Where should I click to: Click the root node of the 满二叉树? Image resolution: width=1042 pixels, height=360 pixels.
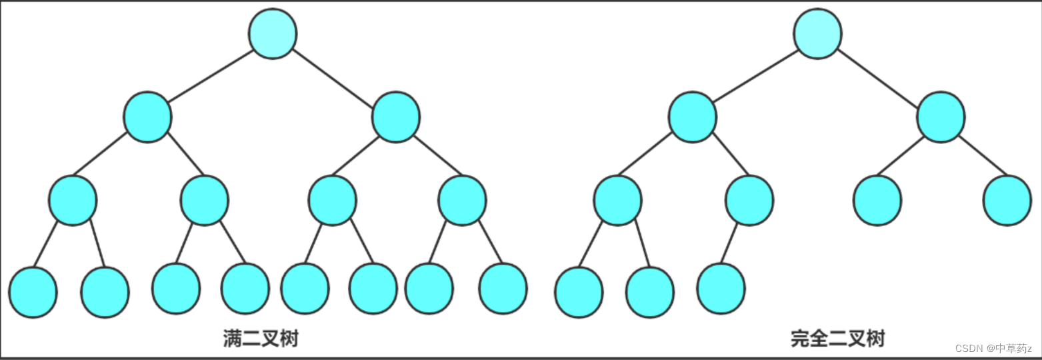(273, 33)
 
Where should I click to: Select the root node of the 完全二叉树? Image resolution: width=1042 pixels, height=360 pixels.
(817, 33)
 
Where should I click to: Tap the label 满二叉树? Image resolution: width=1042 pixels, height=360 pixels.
(261, 339)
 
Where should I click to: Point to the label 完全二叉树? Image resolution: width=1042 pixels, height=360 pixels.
(838, 339)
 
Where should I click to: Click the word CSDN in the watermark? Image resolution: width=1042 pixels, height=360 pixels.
(969, 349)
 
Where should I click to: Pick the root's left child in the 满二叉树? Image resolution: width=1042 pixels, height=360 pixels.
(147, 117)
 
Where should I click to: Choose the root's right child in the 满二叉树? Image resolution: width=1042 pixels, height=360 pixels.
(396, 117)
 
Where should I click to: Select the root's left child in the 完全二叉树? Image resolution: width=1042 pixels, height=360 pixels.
(693, 117)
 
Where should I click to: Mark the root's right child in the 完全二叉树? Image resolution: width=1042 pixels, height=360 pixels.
(941, 117)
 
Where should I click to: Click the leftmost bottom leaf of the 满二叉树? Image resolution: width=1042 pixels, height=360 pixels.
(33, 293)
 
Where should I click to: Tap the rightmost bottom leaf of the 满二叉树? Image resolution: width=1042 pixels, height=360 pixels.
(503, 289)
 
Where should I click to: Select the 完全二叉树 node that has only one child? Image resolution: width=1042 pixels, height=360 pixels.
(749, 201)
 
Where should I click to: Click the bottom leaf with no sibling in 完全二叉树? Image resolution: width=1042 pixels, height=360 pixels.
(721, 289)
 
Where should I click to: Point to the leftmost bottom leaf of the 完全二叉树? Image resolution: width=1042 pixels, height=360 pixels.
(579, 293)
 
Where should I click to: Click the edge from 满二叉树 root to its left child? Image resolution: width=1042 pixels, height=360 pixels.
(211, 76)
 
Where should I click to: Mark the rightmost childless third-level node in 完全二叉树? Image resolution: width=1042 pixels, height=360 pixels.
(1007, 201)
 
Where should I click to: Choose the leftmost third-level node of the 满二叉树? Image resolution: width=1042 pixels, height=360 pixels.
(73, 201)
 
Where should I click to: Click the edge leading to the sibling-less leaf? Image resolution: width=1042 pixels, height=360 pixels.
(729, 244)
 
